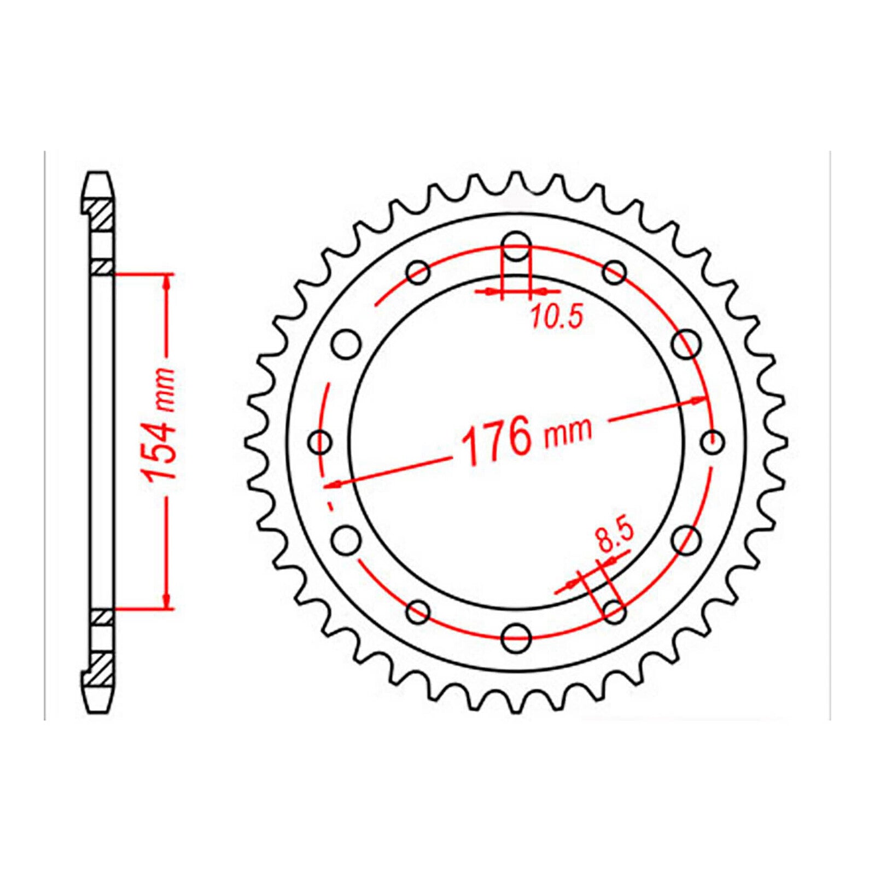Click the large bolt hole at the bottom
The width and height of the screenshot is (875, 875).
pos(516,637)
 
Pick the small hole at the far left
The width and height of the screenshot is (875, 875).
pos(320,442)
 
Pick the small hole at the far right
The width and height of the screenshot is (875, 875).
pos(713,442)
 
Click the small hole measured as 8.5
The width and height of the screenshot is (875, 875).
pos(614,612)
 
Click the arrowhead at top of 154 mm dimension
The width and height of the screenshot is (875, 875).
pos(167,280)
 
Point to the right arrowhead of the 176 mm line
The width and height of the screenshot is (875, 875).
pos(699,400)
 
